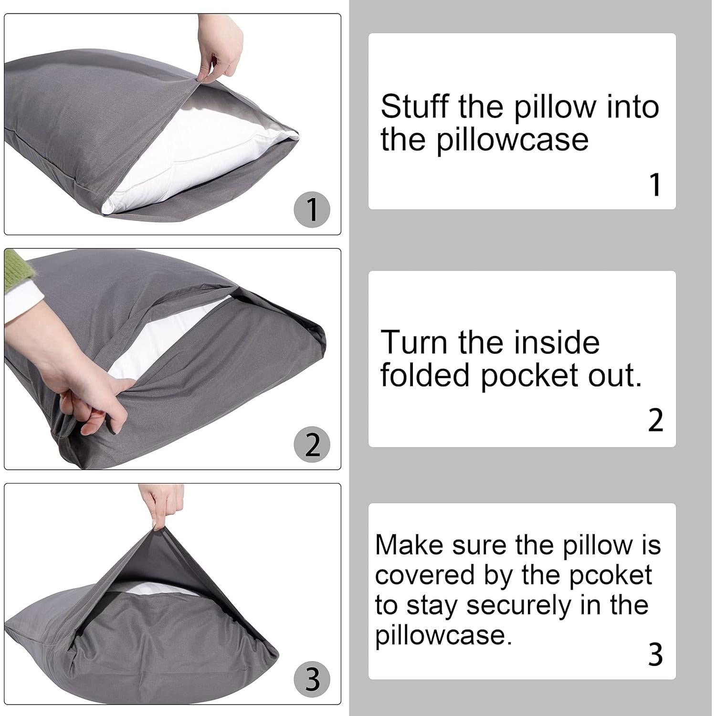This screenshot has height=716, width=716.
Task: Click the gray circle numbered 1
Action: [312, 210]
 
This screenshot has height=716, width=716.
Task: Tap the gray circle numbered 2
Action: [312, 445]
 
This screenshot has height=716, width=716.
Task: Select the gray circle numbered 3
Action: [312, 679]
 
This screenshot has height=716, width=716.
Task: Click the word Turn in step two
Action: [414, 342]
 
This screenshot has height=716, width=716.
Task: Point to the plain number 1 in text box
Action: [656, 185]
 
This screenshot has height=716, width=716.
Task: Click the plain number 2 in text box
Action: [656, 421]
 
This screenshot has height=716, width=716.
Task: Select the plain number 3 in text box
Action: [656, 655]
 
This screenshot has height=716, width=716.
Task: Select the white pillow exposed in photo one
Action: [191, 162]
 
